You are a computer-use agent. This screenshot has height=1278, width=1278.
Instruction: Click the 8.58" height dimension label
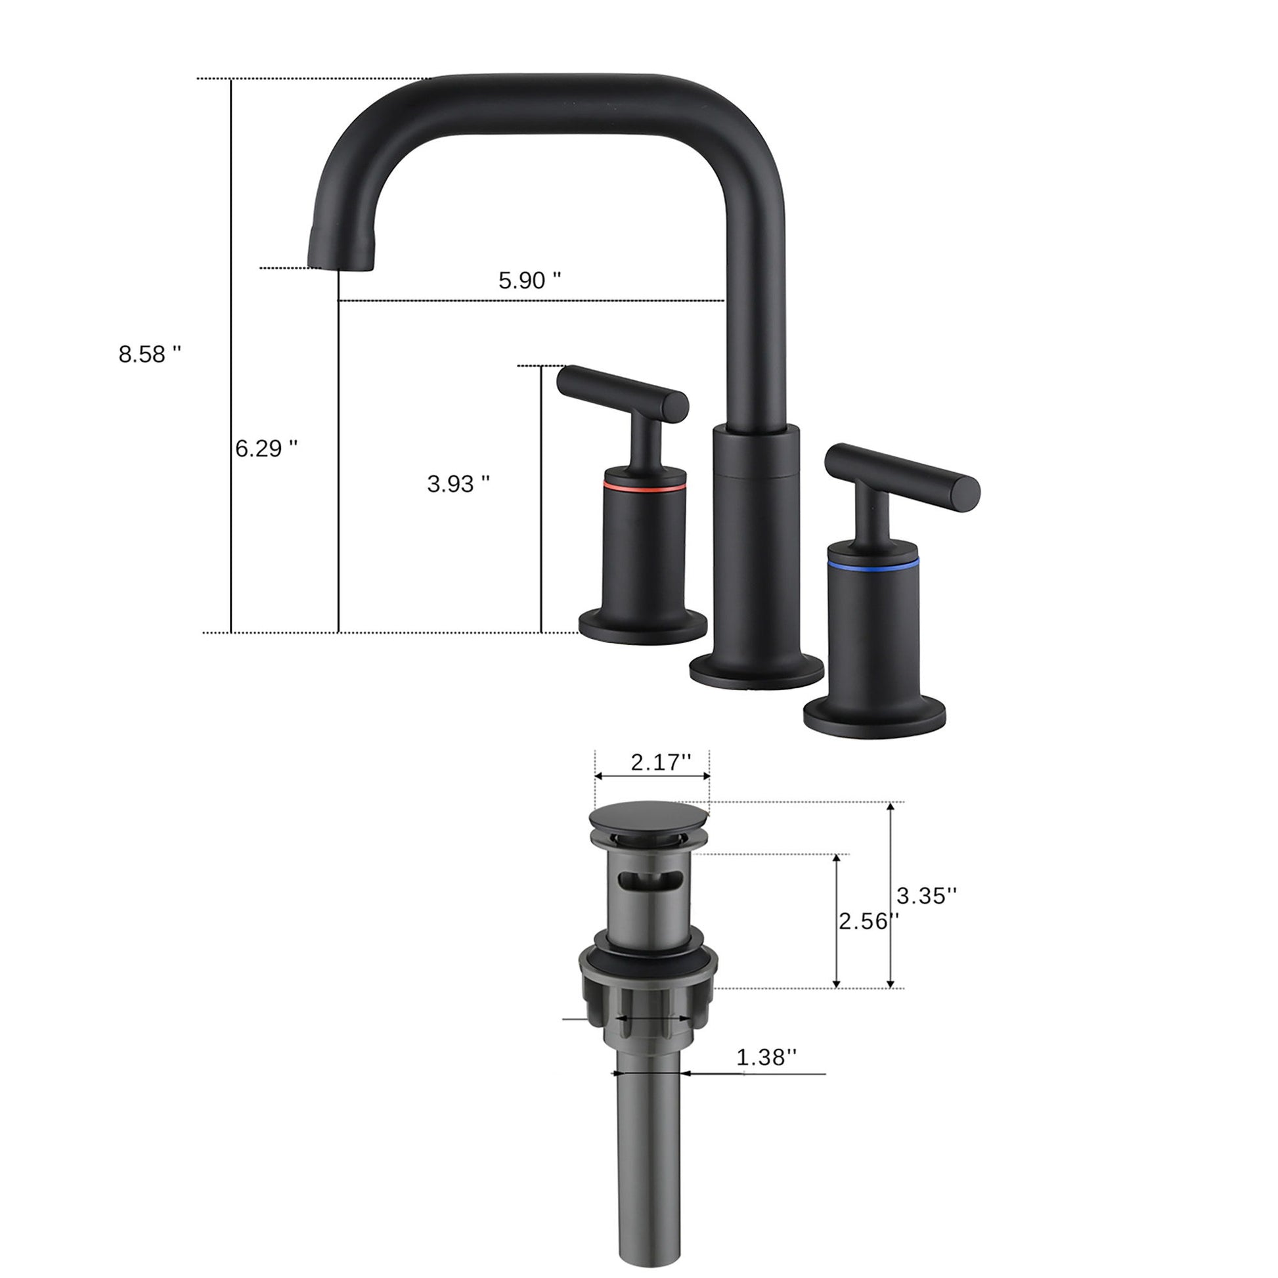click(150, 355)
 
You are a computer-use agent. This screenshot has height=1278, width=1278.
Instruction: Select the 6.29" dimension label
click(266, 449)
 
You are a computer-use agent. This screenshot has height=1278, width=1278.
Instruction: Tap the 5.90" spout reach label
click(529, 280)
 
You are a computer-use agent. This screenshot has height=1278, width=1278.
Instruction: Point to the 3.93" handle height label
click(458, 484)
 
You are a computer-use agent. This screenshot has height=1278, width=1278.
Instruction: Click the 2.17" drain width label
click(660, 762)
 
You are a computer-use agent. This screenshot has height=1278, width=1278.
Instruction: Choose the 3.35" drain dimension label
click(926, 896)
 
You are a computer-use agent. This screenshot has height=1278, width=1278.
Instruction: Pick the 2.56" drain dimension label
click(868, 921)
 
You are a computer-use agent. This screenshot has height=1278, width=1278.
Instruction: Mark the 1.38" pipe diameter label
click(766, 1057)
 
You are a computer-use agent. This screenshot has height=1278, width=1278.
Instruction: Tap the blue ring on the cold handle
click(873, 564)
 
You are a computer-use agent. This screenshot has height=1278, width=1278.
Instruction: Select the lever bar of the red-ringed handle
click(622, 392)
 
